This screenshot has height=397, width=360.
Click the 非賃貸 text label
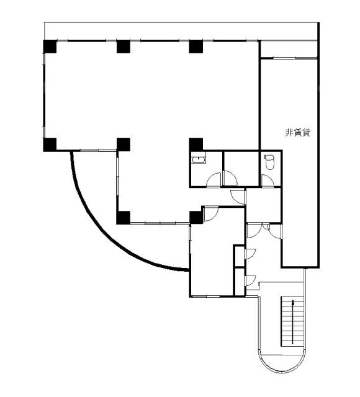(298, 133)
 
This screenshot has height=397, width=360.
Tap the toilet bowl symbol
(269, 162)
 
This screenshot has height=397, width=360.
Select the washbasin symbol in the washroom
(199, 160)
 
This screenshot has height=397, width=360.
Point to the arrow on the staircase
(293, 322)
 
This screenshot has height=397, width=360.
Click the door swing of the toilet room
(268, 181)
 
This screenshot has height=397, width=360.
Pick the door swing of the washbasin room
(214, 181)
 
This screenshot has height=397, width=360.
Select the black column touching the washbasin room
(196, 145)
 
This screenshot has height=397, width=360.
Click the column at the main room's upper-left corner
(50, 47)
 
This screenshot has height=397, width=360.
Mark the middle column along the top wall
(124, 47)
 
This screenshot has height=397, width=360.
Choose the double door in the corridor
(264, 231)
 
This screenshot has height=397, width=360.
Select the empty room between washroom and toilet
(241, 169)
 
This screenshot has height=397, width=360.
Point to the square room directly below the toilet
(263, 205)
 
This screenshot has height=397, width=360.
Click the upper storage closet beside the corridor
(239, 256)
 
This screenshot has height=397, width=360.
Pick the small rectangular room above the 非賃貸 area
(289, 50)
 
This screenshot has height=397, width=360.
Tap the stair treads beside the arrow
(292, 321)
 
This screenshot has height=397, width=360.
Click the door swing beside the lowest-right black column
(211, 214)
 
